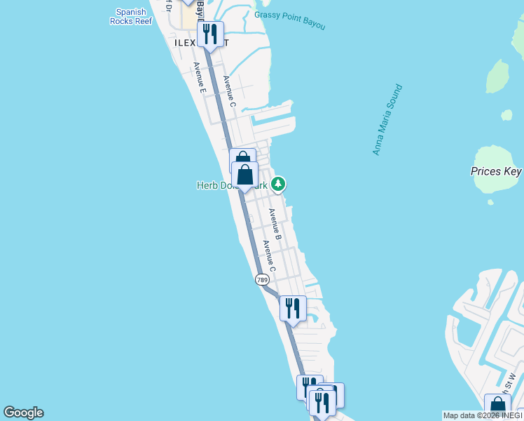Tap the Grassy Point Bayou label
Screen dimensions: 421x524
click(x=290, y=20)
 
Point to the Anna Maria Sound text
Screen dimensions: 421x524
click(x=387, y=120)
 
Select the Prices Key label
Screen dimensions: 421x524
click(x=496, y=171)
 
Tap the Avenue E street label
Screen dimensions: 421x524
click(x=199, y=78)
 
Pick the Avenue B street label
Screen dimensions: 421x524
click(x=275, y=224)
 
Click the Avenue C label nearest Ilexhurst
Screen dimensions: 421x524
click(x=229, y=92)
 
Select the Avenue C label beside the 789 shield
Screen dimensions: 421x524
click(x=268, y=256)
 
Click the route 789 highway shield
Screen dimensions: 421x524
click(x=262, y=279)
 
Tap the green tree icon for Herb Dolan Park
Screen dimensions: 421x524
click(x=279, y=184)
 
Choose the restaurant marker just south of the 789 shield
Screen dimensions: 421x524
click(x=293, y=307)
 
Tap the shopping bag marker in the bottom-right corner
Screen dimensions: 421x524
click(x=497, y=406)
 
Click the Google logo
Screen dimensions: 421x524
click(x=23, y=413)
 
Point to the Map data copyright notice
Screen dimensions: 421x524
click(x=482, y=415)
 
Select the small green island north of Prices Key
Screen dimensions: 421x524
click(x=497, y=76)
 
